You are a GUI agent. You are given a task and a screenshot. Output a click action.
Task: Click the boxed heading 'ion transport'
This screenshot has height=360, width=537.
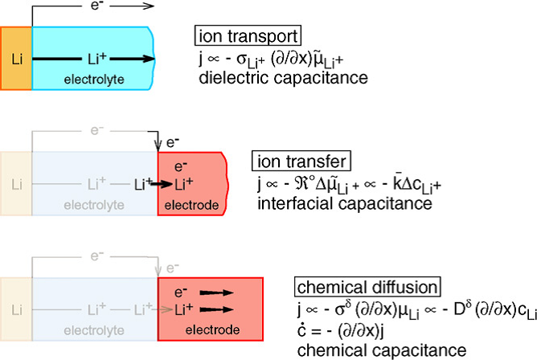pyautogui.click(x=248, y=36)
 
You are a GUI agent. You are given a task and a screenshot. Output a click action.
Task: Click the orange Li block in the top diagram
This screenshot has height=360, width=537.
pyautogui.click(x=17, y=58)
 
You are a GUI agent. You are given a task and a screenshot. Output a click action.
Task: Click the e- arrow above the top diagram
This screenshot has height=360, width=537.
pyautogui.click(x=121, y=7)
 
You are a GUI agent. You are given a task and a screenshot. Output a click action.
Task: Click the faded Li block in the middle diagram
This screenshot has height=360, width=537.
pyautogui.click(x=17, y=184)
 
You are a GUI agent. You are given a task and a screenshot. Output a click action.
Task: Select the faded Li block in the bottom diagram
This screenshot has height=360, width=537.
pyautogui.click(x=17, y=309)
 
